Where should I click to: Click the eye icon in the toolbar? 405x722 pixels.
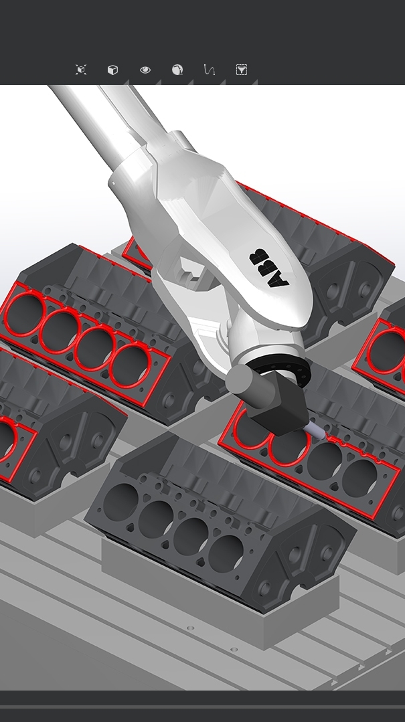[145, 70]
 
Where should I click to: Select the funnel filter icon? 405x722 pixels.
[242, 70]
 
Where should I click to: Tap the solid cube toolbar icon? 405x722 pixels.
[112, 70]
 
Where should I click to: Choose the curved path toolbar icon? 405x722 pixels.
[209, 70]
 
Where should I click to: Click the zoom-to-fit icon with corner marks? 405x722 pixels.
[81, 70]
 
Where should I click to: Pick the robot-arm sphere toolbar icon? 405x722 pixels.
[177, 70]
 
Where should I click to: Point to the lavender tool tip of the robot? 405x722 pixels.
[315, 431]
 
